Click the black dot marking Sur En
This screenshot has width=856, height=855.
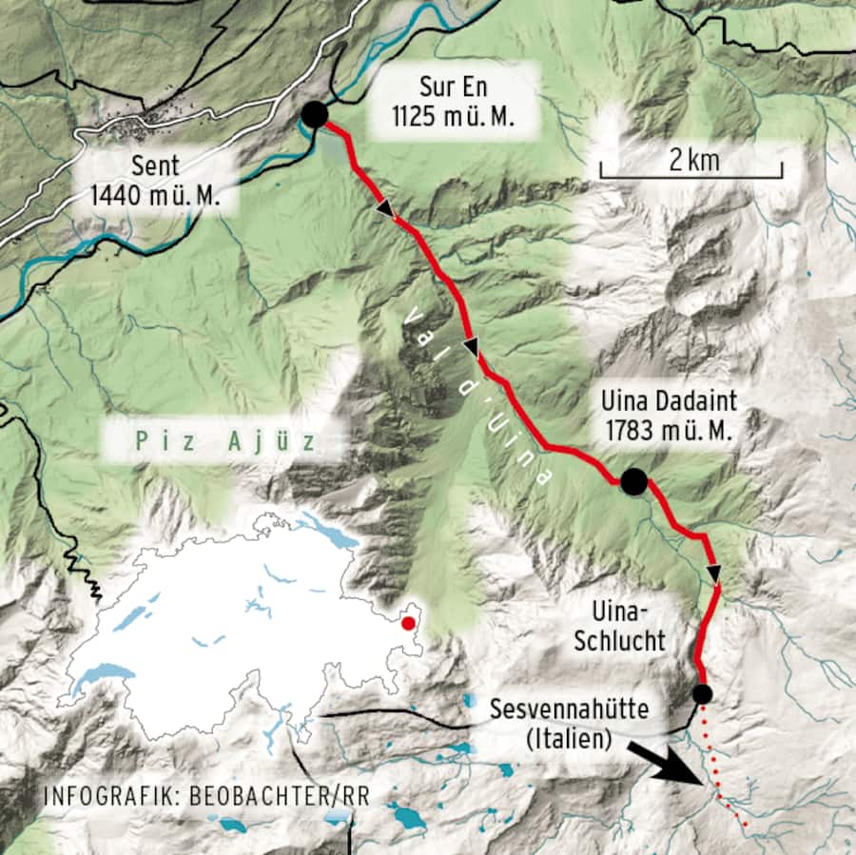click(315, 115)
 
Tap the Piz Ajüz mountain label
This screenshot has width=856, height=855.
click(224, 442)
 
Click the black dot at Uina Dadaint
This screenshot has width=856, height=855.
click(633, 482)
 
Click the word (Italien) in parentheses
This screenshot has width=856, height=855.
click(567, 738)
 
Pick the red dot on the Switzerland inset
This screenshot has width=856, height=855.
click(408, 623)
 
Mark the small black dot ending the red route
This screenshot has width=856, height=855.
click(702, 694)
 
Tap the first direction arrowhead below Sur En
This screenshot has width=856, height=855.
click(385, 208)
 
